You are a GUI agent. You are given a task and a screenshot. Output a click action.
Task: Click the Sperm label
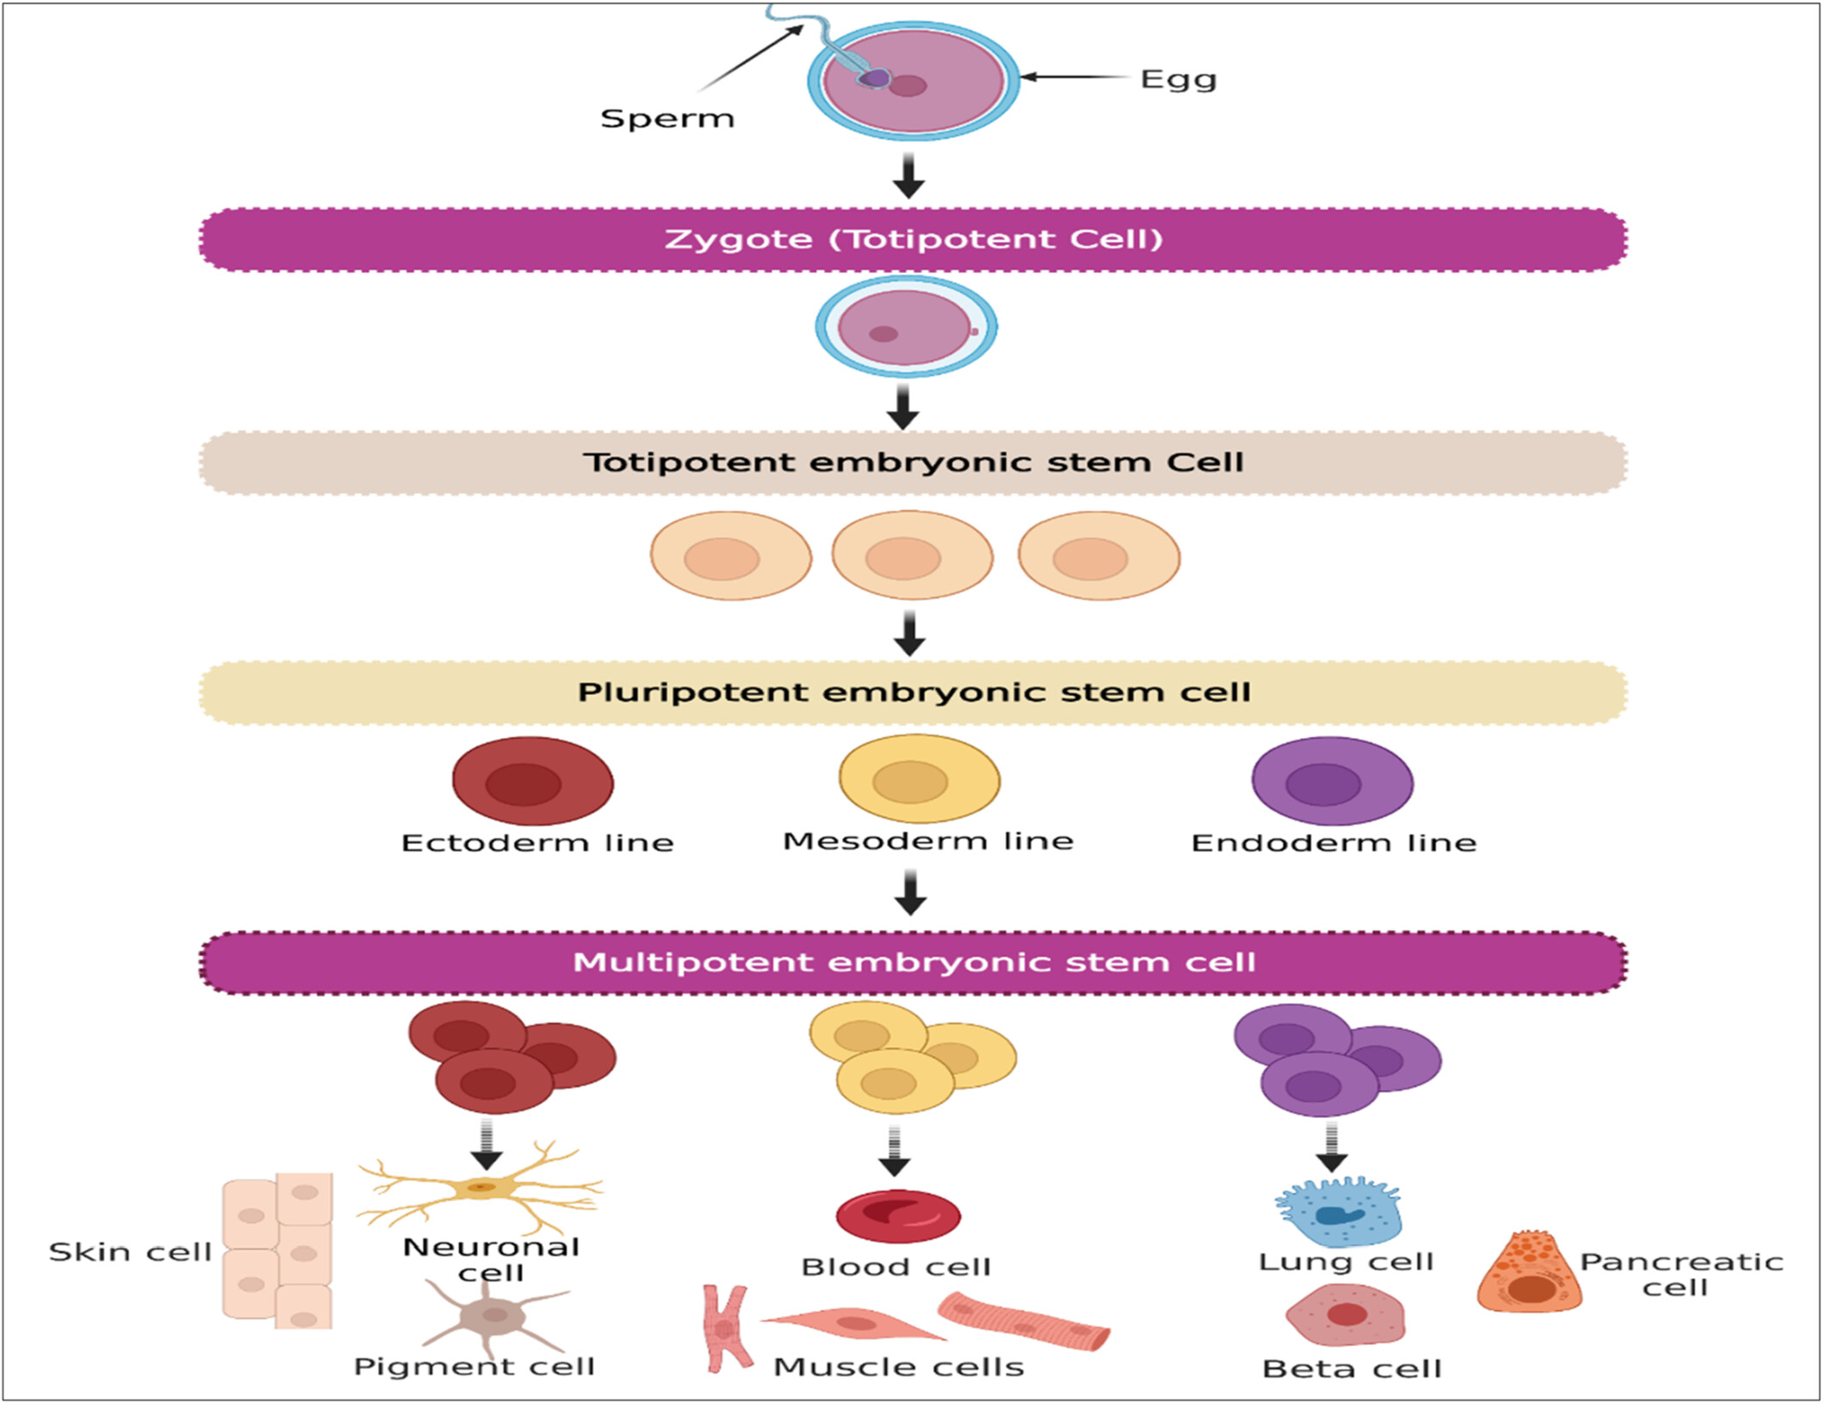coord(667,118)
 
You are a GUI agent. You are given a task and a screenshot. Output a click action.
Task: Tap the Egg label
coord(1178,80)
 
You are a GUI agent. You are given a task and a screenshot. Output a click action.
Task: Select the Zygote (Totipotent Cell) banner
coord(913,239)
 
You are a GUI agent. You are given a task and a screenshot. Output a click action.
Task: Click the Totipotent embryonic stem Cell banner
coord(913,462)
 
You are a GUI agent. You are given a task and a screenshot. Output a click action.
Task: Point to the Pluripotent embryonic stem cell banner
coord(913,692)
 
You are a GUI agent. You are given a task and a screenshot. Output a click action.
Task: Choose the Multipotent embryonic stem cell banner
coord(913,963)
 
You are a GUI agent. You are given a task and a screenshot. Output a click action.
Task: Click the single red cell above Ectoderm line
coord(533,781)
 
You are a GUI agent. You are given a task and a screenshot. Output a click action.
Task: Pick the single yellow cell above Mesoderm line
coord(920,779)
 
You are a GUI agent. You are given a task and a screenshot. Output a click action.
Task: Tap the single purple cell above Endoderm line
coord(1332,781)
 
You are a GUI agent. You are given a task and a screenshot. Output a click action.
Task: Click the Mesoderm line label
coord(928,841)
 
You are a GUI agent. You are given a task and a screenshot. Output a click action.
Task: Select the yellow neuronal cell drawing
coord(481,1188)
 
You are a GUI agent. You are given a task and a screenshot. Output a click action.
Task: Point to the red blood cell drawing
coord(898,1216)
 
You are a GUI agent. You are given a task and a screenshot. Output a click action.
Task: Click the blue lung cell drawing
coord(1339,1213)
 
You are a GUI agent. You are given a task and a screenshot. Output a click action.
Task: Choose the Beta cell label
coord(1351,1369)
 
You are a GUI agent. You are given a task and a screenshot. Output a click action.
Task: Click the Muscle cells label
coord(899,1367)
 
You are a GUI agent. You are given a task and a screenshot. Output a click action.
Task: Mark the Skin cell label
coord(130,1251)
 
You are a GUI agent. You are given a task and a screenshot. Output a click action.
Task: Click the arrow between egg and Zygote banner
coord(909,176)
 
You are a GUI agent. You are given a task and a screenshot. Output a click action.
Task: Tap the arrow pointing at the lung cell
coord(1331,1147)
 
